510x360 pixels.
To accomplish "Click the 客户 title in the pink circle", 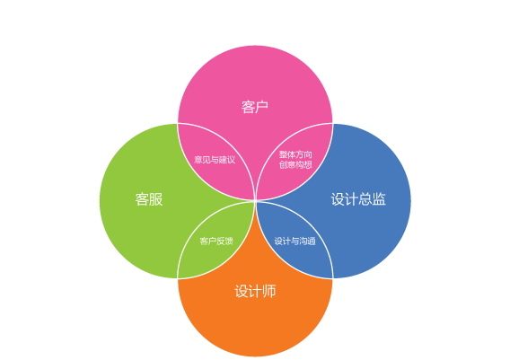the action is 255,107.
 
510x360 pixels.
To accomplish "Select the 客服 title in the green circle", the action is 149,199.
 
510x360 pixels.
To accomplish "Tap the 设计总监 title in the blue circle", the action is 358,199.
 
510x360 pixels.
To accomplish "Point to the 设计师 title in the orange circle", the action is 255,291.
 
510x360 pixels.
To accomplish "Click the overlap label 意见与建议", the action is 215,160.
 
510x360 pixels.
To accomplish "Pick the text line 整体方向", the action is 295,154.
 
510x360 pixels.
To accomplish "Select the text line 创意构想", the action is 295,164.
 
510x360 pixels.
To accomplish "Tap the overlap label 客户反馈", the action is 216,241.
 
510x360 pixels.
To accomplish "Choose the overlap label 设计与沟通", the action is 295,241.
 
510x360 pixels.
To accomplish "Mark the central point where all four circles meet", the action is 255,201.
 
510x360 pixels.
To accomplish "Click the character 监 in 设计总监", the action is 379,199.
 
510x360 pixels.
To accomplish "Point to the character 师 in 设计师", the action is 269,291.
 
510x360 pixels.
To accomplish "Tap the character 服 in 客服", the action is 156,199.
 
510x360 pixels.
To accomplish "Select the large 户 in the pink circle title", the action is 262,107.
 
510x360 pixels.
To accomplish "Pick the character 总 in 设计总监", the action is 365,199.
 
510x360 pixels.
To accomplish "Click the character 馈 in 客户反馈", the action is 229,241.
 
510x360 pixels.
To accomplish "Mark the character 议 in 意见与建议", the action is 232,160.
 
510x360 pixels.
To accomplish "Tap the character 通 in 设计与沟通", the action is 312,241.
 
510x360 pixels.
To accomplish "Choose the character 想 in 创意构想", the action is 308,164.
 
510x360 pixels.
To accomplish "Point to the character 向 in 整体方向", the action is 308,154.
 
